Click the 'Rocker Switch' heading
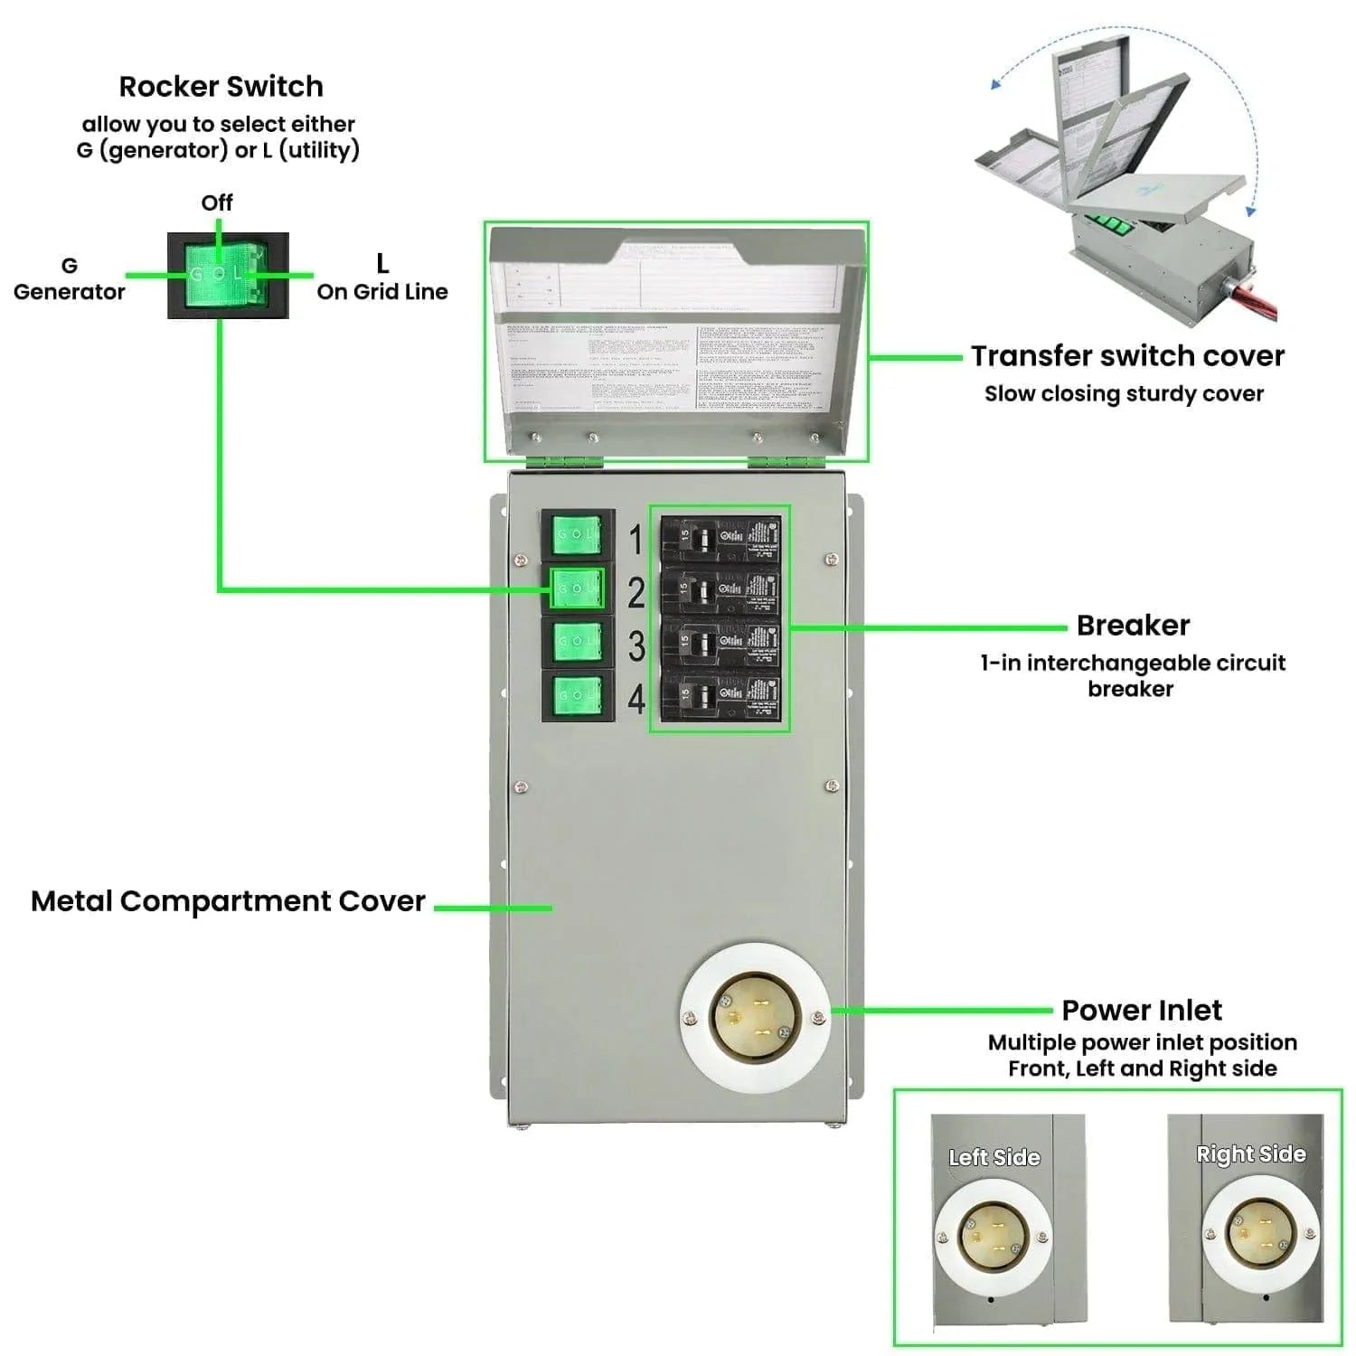click(221, 87)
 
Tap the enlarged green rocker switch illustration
click(228, 275)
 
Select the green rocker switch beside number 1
click(577, 535)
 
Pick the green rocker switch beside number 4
click(577, 695)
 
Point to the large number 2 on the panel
click(636, 593)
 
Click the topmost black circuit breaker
click(720, 539)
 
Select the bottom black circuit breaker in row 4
click(720, 696)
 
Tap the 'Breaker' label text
click(1133, 626)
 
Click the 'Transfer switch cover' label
click(1127, 356)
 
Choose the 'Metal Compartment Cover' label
click(228, 901)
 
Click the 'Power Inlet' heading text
click(1142, 1010)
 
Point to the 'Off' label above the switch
click(217, 202)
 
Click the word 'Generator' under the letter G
click(70, 292)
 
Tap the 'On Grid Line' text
click(382, 292)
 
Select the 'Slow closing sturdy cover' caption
click(1124, 394)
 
